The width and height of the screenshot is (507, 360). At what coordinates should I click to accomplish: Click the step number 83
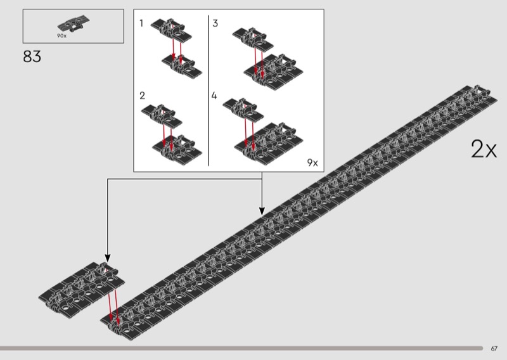(x=32, y=56)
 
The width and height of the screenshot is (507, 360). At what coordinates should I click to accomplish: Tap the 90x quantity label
(x=61, y=36)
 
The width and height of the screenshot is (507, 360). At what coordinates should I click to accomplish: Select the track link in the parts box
(x=74, y=23)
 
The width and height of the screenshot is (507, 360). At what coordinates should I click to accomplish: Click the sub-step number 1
(x=141, y=23)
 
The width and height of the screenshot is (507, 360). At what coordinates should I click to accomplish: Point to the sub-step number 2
(x=142, y=96)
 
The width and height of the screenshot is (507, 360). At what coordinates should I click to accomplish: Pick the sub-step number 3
(x=215, y=23)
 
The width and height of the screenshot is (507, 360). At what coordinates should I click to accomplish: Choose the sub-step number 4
(x=214, y=96)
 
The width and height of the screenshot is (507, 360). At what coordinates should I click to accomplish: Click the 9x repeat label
(x=312, y=162)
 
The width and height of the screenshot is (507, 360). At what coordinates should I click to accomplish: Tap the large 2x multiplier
(x=484, y=149)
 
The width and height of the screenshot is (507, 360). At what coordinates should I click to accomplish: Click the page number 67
(x=494, y=349)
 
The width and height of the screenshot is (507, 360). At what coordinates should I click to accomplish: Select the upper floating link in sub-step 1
(x=171, y=30)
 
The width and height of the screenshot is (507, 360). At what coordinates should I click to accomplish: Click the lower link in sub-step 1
(x=182, y=67)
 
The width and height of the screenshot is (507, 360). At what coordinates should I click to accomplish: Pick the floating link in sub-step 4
(x=243, y=110)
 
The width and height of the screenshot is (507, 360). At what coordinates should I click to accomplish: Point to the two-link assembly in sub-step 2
(x=177, y=150)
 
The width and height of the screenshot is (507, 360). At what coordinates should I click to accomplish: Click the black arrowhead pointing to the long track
(x=262, y=211)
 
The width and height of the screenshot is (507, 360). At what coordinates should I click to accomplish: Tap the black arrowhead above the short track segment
(x=108, y=258)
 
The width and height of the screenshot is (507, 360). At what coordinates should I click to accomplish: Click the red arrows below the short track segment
(x=113, y=307)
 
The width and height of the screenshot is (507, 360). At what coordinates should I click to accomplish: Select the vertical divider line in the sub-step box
(x=209, y=91)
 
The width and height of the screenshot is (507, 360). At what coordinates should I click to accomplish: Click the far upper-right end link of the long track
(x=478, y=93)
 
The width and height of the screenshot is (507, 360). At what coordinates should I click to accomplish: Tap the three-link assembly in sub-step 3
(x=273, y=72)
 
